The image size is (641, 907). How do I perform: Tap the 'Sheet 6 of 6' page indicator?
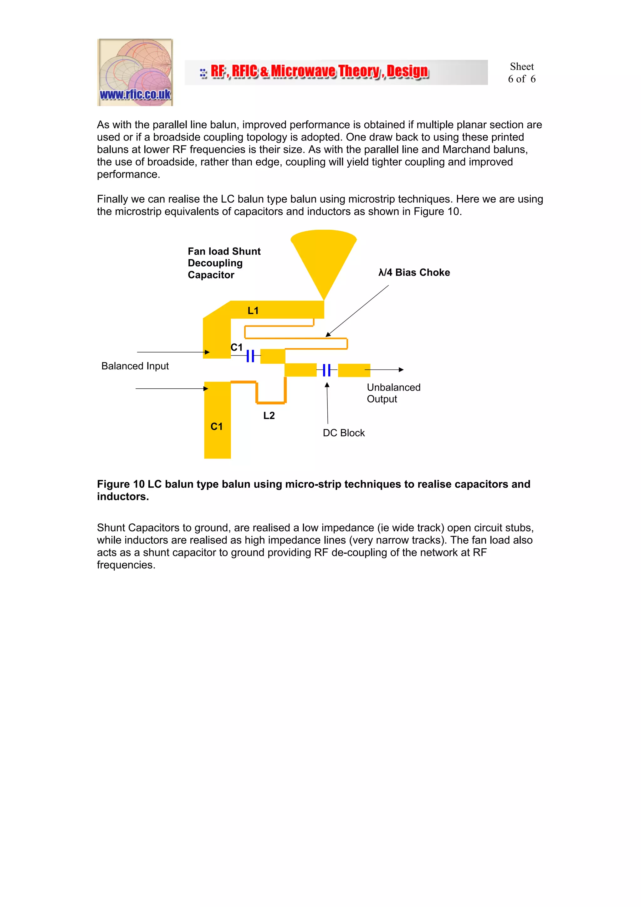(521, 73)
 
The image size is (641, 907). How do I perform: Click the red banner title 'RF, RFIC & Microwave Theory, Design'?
(319, 71)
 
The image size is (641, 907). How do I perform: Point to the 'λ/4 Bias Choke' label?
(414, 272)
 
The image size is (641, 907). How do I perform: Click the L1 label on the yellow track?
(253, 310)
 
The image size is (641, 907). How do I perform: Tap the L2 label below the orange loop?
(269, 415)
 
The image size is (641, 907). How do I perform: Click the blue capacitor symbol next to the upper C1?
(250, 356)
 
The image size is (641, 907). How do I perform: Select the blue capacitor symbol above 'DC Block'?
(327, 370)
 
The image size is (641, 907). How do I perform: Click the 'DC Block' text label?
(344, 433)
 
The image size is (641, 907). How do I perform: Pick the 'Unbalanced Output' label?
(393, 393)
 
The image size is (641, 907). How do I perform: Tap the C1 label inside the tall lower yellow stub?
(216, 426)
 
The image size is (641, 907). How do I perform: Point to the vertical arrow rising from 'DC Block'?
(327, 403)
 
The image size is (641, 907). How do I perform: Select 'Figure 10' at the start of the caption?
(121, 484)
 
